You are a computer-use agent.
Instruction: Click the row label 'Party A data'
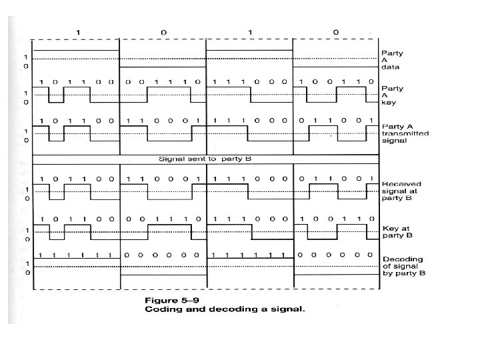tap(391, 59)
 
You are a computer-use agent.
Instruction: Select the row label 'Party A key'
tap(391, 95)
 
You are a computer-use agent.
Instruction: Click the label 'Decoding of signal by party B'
tap(404, 266)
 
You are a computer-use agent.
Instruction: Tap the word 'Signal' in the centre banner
tap(171, 159)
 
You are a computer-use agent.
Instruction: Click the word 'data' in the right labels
tap(389, 67)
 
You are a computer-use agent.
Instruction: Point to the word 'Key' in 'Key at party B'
tap(389, 228)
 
